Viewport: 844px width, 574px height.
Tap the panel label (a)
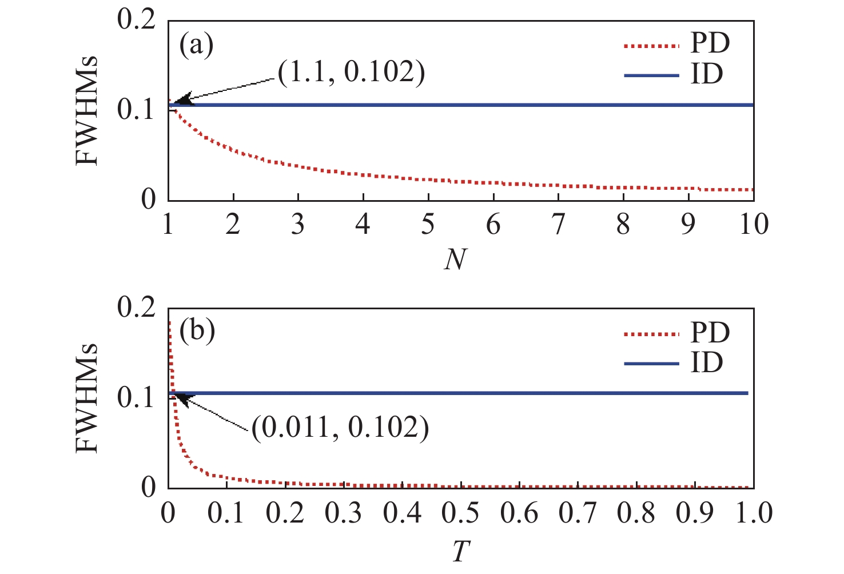[x=196, y=45]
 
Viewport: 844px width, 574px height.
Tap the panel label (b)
[x=196, y=331]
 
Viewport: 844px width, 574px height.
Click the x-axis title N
[x=456, y=260]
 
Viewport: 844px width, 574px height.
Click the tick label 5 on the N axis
[x=428, y=225]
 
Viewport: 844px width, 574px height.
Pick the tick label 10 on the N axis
[x=754, y=225]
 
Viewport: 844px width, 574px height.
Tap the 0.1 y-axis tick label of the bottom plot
[x=136, y=398]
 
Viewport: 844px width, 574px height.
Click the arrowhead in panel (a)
[x=182, y=101]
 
